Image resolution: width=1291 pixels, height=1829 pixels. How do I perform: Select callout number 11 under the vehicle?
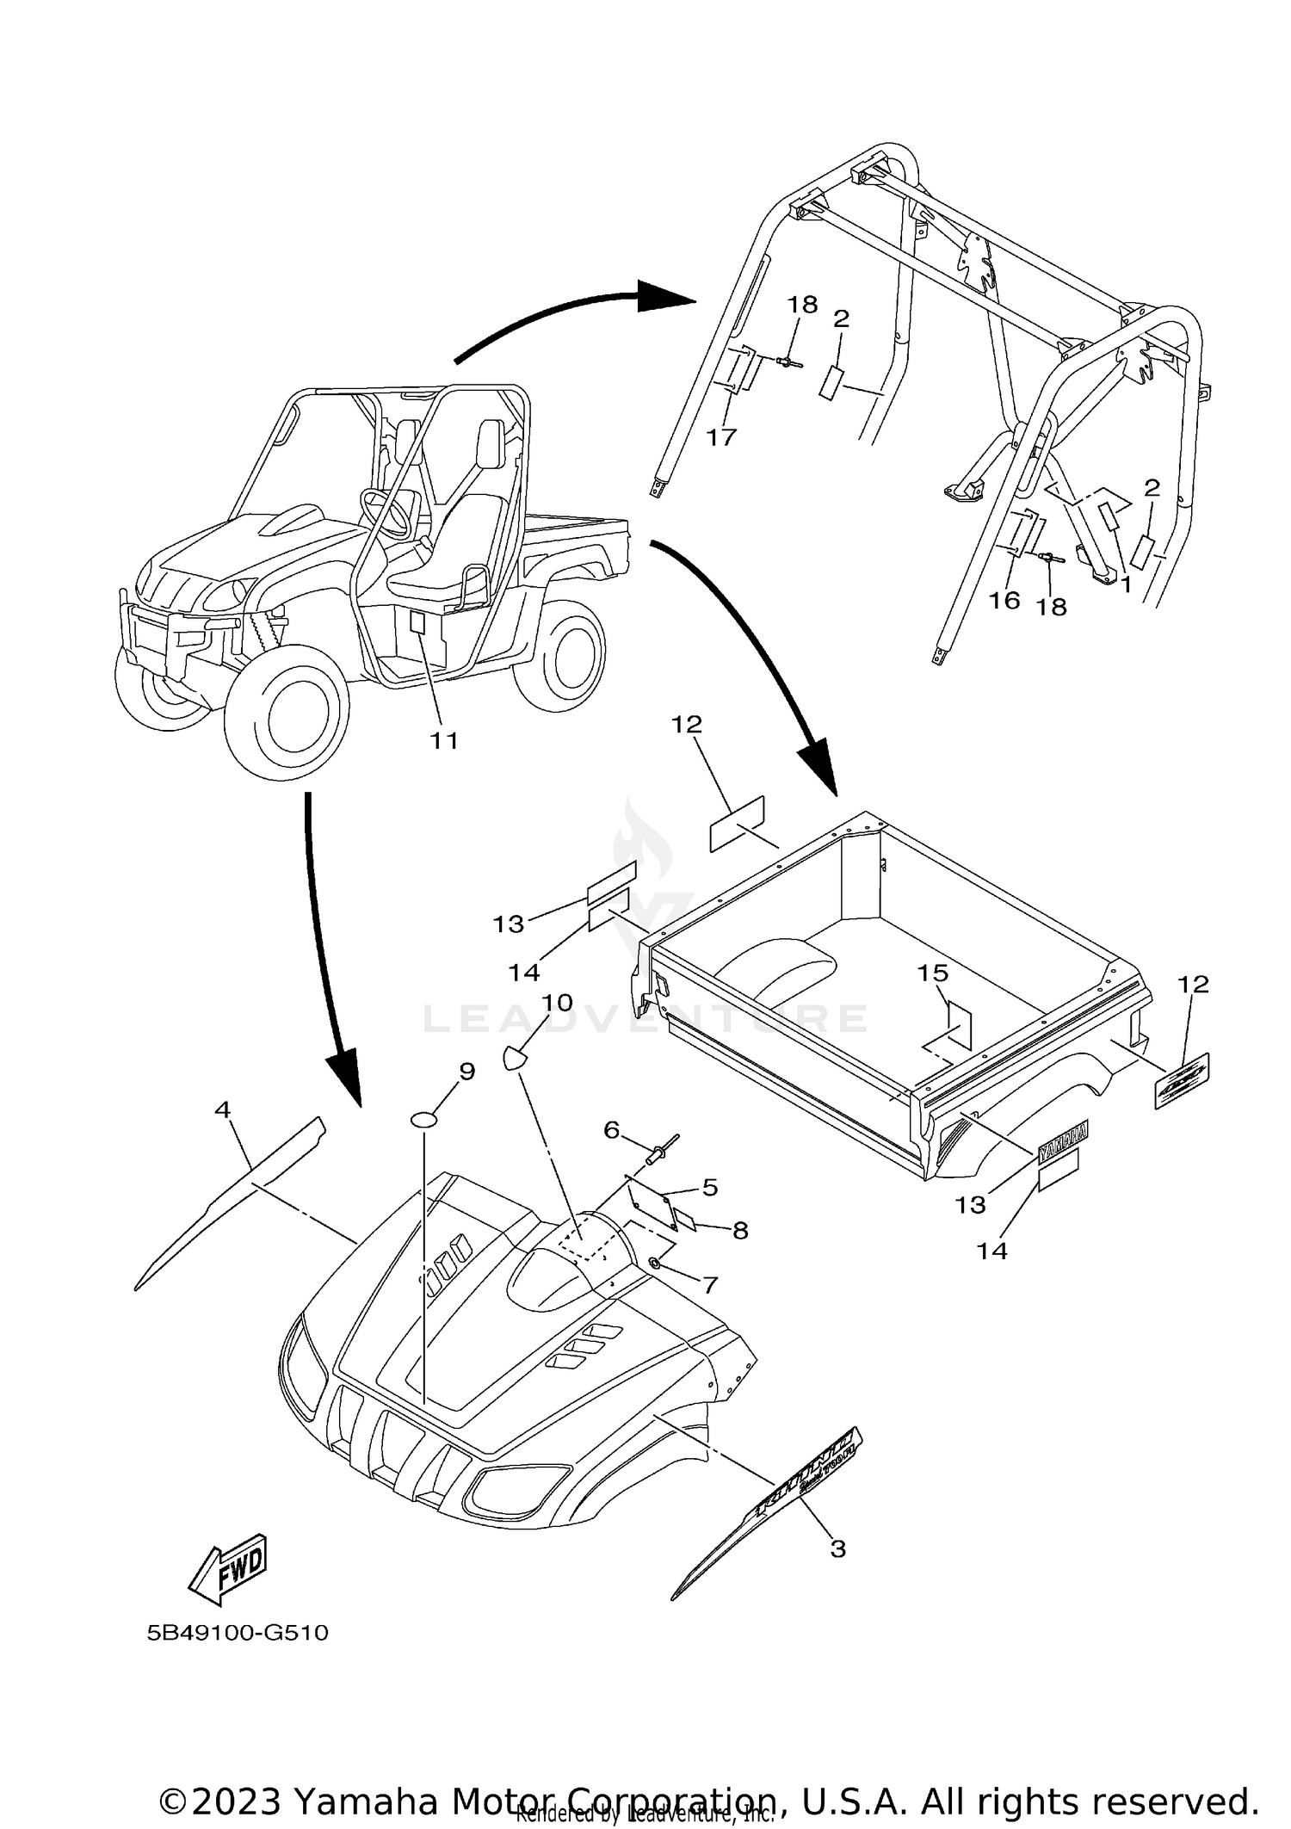click(x=444, y=740)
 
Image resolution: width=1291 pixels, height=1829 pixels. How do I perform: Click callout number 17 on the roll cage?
click(x=721, y=437)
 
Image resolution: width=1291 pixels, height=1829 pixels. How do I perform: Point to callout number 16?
click(x=1004, y=600)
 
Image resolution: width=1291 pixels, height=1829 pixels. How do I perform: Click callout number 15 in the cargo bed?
click(x=932, y=973)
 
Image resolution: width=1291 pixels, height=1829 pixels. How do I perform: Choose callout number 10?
click(x=557, y=1003)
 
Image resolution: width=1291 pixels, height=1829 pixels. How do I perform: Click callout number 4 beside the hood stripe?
click(x=223, y=1110)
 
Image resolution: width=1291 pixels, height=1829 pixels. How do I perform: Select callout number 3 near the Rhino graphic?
click(x=837, y=1549)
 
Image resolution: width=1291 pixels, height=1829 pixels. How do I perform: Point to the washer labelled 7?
click(x=654, y=1263)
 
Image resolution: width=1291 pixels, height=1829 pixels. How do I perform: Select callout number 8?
click(x=740, y=1231)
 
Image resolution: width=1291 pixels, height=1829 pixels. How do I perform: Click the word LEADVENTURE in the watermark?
click(x=645, y=1020)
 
